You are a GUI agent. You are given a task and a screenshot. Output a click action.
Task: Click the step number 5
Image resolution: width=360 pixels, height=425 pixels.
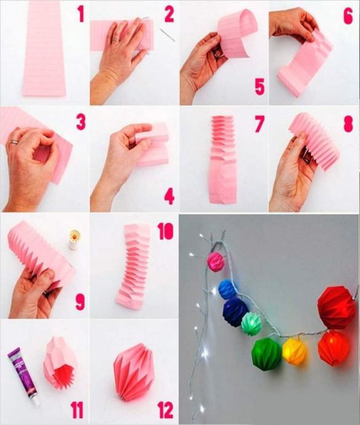click(260, 86)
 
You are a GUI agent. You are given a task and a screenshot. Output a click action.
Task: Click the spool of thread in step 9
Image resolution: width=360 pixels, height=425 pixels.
click(73, 239)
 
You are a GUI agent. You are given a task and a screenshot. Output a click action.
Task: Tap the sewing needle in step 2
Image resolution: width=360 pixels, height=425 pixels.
click(167, 35)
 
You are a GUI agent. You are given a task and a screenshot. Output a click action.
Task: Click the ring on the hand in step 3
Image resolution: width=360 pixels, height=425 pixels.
click(14, 142)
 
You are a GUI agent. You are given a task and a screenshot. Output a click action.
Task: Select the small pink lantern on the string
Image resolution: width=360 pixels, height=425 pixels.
click(215, 261)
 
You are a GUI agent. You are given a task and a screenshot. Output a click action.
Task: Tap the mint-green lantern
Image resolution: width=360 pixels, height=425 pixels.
click(251, 323)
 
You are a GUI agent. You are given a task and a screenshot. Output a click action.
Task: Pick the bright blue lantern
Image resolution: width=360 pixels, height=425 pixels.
click(228, 289)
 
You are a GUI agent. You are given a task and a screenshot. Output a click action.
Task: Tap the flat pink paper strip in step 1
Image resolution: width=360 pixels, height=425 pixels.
click(44, 49)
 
